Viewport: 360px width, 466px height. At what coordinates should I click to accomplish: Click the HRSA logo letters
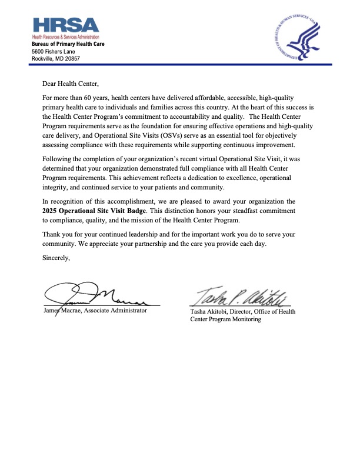(66, 25)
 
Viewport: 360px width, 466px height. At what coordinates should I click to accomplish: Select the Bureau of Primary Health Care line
(68, 44)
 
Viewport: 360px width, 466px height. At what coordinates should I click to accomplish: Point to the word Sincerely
(56, 256)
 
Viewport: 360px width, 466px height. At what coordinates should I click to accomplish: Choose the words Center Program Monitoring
(225, 319)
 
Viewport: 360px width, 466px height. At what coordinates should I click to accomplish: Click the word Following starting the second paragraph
(58, 158)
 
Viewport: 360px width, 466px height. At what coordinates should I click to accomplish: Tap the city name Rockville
(45, 59)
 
